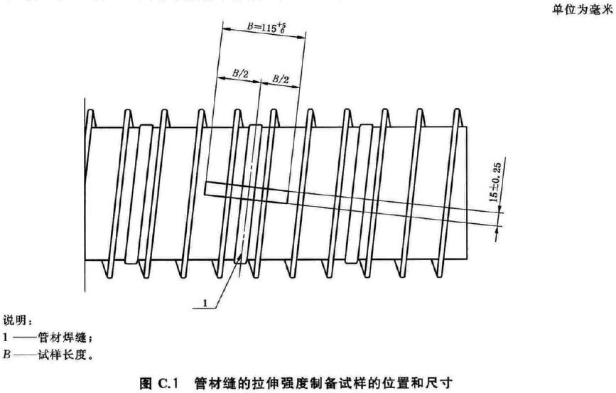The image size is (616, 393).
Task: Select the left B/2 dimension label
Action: pyautogui.click(x=239, y=72)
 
